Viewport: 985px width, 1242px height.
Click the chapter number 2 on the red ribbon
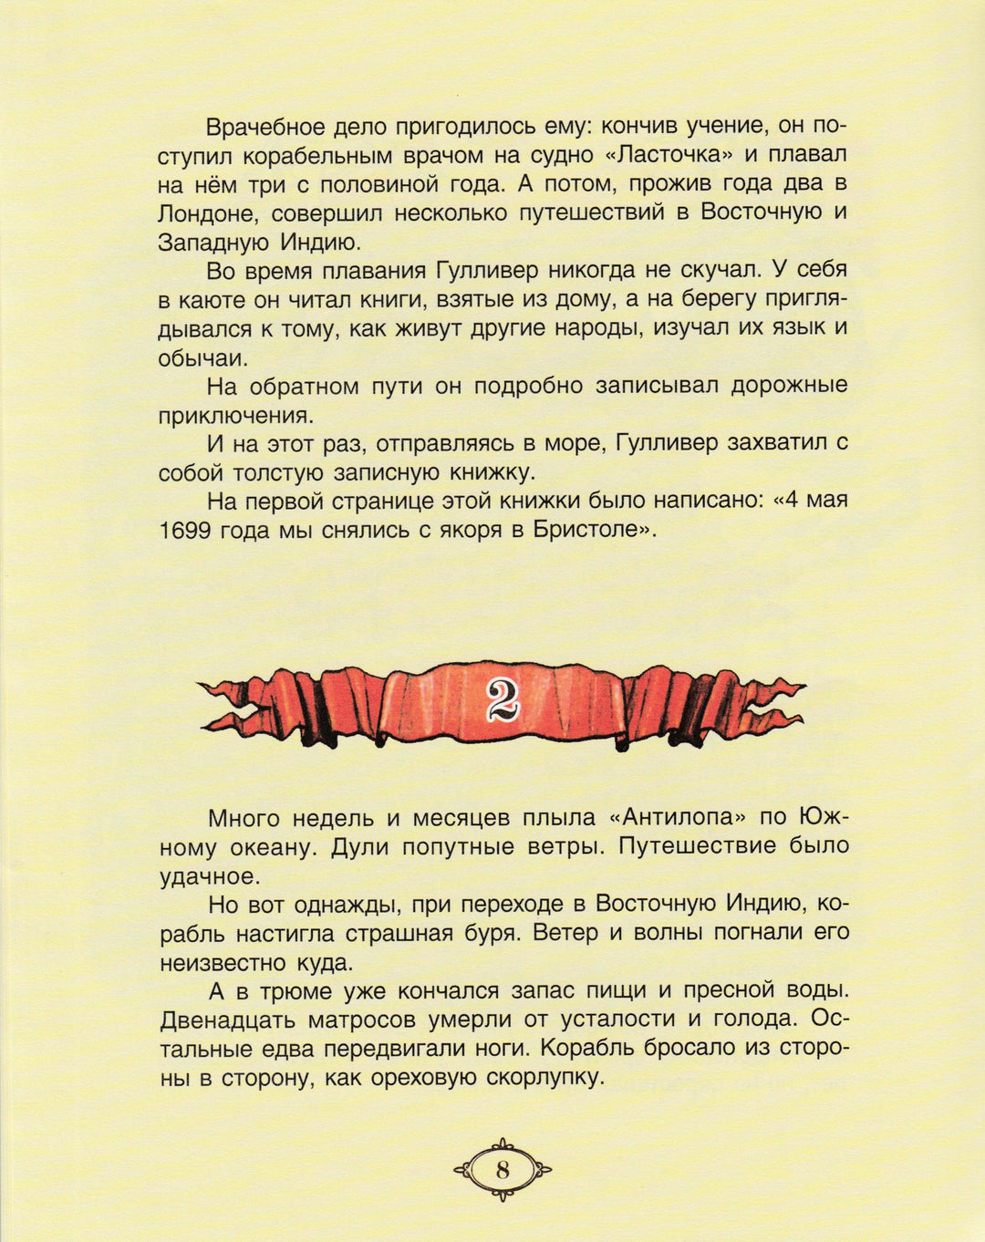[x=502, y=699]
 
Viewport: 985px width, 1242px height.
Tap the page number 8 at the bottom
[x=503, y=1169]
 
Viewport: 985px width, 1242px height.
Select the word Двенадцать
[x=229, y=1019]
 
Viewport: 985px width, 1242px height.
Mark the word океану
[x=268, y=847]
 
